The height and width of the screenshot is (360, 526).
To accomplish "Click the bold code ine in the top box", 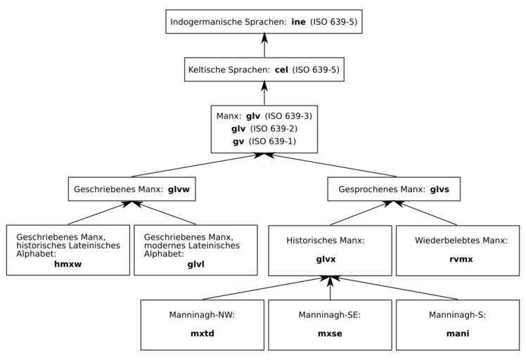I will pyautogui.click(x=298, y=22).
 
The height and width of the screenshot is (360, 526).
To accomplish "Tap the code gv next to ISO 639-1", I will pyautogui.click(x=239, y=141).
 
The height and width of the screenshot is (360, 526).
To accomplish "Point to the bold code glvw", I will pyautogui.click(x=179, y=189).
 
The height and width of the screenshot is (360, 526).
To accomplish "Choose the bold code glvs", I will pyautogui.click(x=440, y=189).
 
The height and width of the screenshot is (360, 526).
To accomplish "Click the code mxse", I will pyautogui.click(x=330, y=333).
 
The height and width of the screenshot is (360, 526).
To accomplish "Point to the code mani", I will pyautogui.click(x=457, y=333).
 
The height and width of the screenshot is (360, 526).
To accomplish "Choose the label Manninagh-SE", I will pyautogui.click(x=330, y=315).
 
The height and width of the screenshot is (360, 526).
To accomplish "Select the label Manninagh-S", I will pyautogui.click(x=457, y=315).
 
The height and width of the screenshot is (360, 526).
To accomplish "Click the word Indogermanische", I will pyautogui.click(x=205, y=22).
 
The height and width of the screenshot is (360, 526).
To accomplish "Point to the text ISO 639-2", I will pyautogui.click(x=274, y=129).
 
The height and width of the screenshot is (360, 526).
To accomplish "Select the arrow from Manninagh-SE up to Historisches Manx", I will pyautogui.click(x=330, y=288).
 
